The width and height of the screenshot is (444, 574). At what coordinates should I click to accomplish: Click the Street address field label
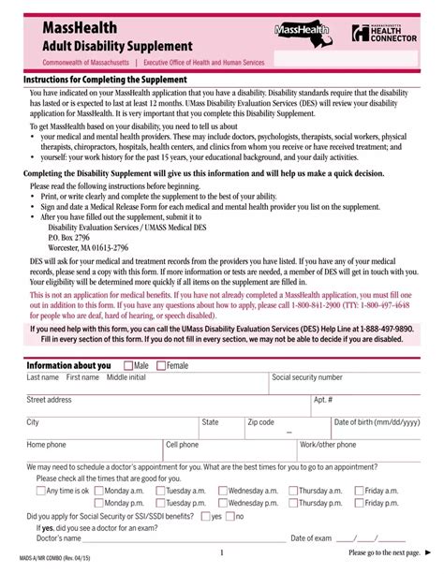coord(49,400)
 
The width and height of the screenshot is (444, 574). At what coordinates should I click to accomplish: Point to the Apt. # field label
coord(323,400)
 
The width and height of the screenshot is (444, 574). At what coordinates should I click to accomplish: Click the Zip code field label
coord(260,422)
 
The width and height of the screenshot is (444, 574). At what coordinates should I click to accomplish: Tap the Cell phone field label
coord(182,445)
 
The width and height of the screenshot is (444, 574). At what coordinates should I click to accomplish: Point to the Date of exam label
coord(312,538)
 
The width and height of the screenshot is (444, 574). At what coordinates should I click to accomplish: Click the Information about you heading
coord(68,364)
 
